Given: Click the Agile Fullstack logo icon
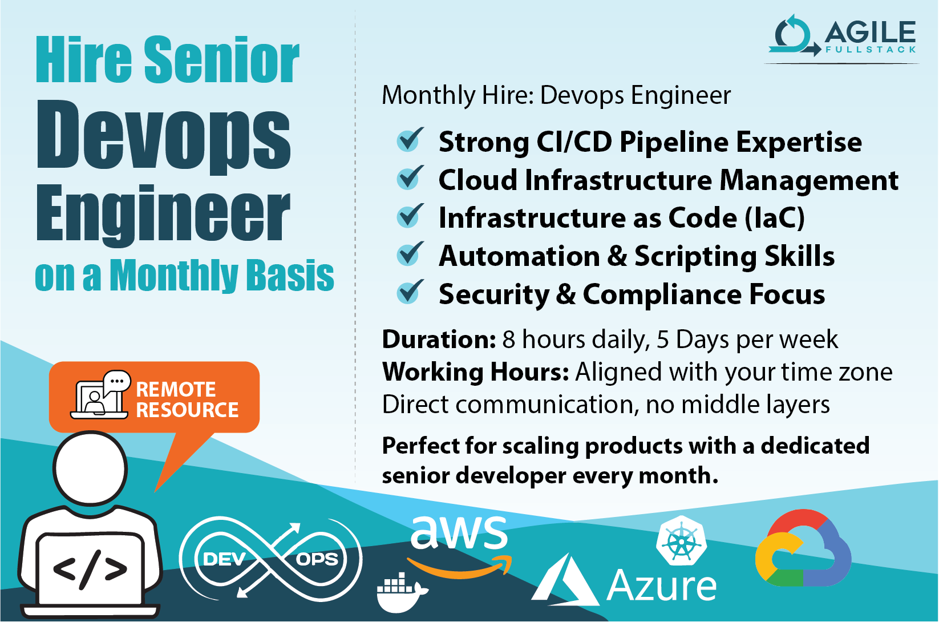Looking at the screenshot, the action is (794, 35).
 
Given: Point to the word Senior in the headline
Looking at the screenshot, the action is (222, 59).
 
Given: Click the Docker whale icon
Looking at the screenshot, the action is (402, 592).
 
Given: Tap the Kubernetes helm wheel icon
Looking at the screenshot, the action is (681, 541).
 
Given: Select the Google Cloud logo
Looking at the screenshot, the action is (803, 547).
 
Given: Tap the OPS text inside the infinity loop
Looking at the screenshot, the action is (317, 559).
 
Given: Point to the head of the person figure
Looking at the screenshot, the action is (90, 468).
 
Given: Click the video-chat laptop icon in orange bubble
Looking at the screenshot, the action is (100, 395).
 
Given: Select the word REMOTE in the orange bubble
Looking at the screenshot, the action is (176, 390).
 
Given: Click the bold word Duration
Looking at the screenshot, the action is (439, 339).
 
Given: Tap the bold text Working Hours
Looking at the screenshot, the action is (475, 371).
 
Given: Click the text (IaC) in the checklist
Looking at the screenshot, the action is (775, 218).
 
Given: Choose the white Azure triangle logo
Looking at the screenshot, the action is (566, 580).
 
